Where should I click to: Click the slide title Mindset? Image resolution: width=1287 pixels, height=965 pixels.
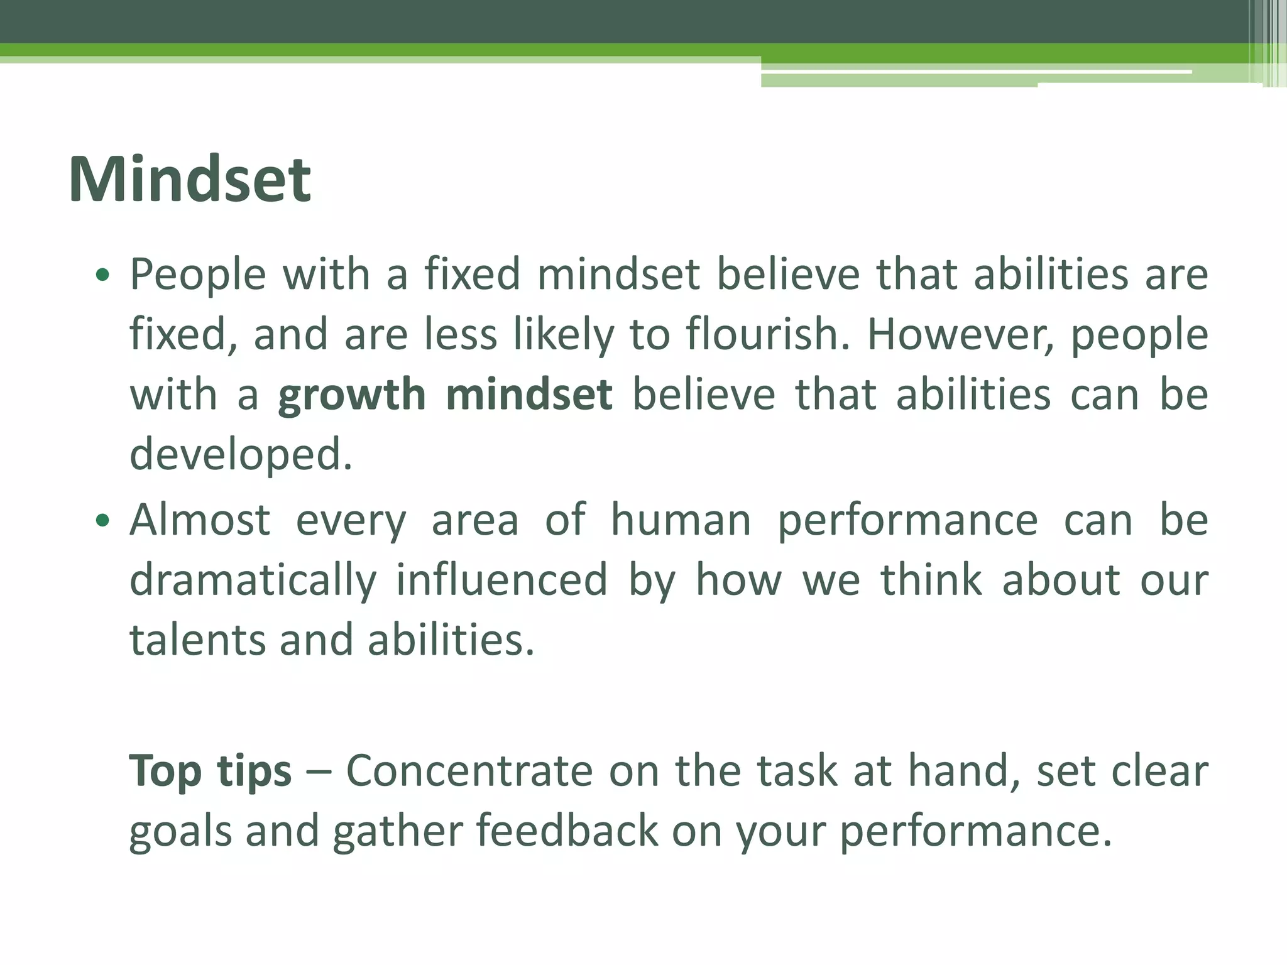(x=190, y=180)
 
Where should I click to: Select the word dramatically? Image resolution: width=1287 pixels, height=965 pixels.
(x=253, y=580)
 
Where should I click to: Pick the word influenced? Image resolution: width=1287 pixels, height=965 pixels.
(x=501, y=580)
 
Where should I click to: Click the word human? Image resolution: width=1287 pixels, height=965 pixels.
(x=681, y=520)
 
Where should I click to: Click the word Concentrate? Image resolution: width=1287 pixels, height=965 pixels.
(x=469, y=771)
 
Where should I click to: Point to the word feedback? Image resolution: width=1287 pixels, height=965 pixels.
(x=567, y=831)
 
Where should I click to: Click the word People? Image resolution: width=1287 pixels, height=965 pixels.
(x=198, y=276)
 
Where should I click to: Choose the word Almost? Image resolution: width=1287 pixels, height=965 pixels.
(x=200, y=520)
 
